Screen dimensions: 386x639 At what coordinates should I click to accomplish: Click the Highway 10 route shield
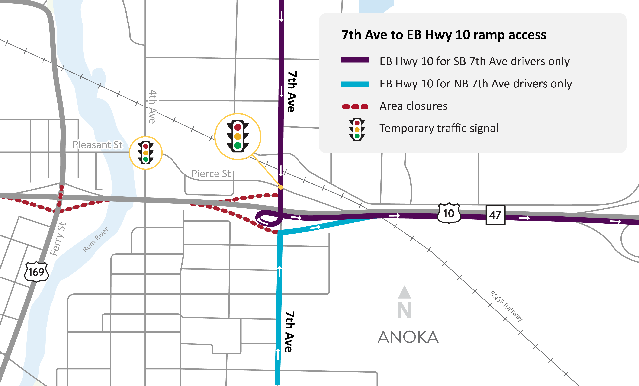click(x=449, y=213)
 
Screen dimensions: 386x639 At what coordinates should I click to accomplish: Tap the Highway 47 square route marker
click(x=495, y=215)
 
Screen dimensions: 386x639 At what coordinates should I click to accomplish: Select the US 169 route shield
click(x=36, y=272)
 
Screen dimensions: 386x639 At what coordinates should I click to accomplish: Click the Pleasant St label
click(x=97, y=145)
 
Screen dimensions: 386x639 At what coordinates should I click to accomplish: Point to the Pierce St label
click(x=211, y=174)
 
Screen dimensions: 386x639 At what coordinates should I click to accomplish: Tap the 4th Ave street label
click(x=152, y=107)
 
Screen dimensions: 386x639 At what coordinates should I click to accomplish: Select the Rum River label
click(x=95, y=240)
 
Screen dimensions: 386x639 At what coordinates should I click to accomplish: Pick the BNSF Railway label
click(x=506, y=306)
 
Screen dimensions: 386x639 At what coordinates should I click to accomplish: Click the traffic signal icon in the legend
click(x=357, y=129)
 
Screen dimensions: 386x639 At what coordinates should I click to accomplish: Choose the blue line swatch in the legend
click(x=355, y=84)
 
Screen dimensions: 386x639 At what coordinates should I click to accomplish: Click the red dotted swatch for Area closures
click(x=355, y=107)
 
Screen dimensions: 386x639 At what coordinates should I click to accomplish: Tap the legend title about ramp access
click(x=444, y=35)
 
